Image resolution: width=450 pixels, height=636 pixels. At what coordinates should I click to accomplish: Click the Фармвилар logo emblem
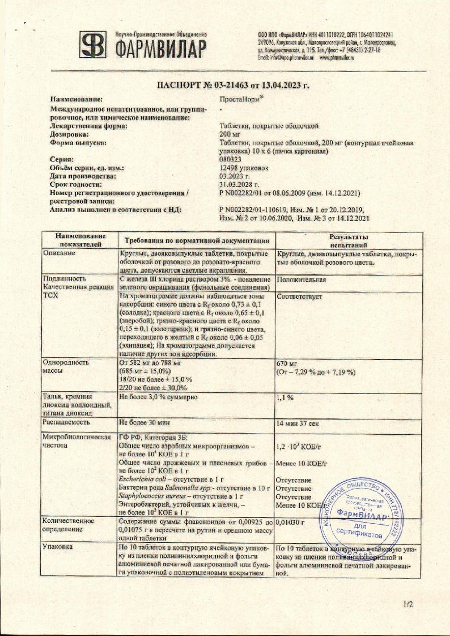[92, 44]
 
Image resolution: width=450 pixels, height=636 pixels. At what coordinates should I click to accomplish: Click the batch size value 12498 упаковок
[245, 169]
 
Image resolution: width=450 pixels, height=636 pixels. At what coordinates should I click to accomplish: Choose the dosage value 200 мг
[230, 134]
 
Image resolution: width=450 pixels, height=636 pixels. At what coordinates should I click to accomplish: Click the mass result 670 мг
[286, 363]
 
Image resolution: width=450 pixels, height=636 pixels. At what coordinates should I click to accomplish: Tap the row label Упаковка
[58, 548]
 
